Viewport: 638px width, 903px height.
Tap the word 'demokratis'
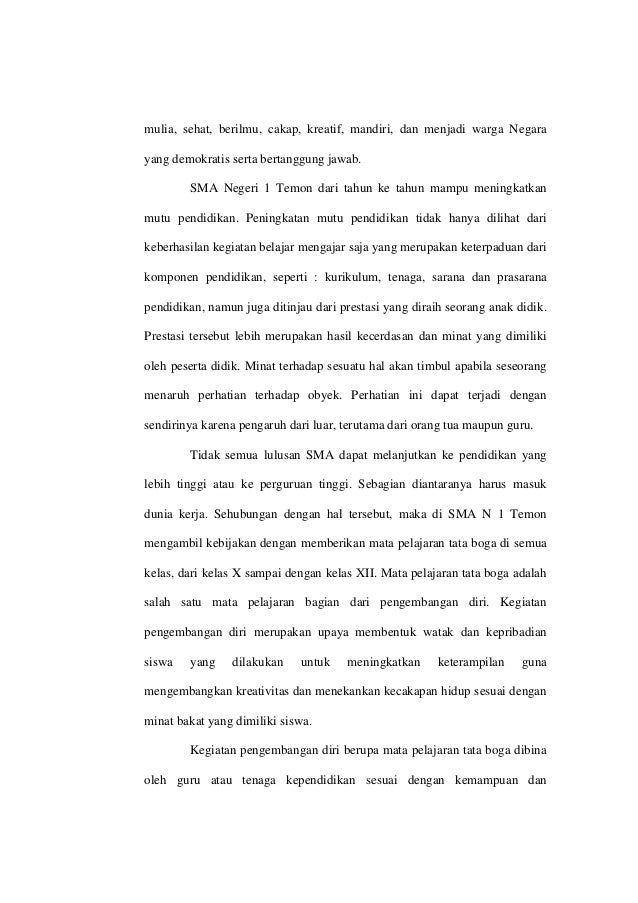point(200,159)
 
